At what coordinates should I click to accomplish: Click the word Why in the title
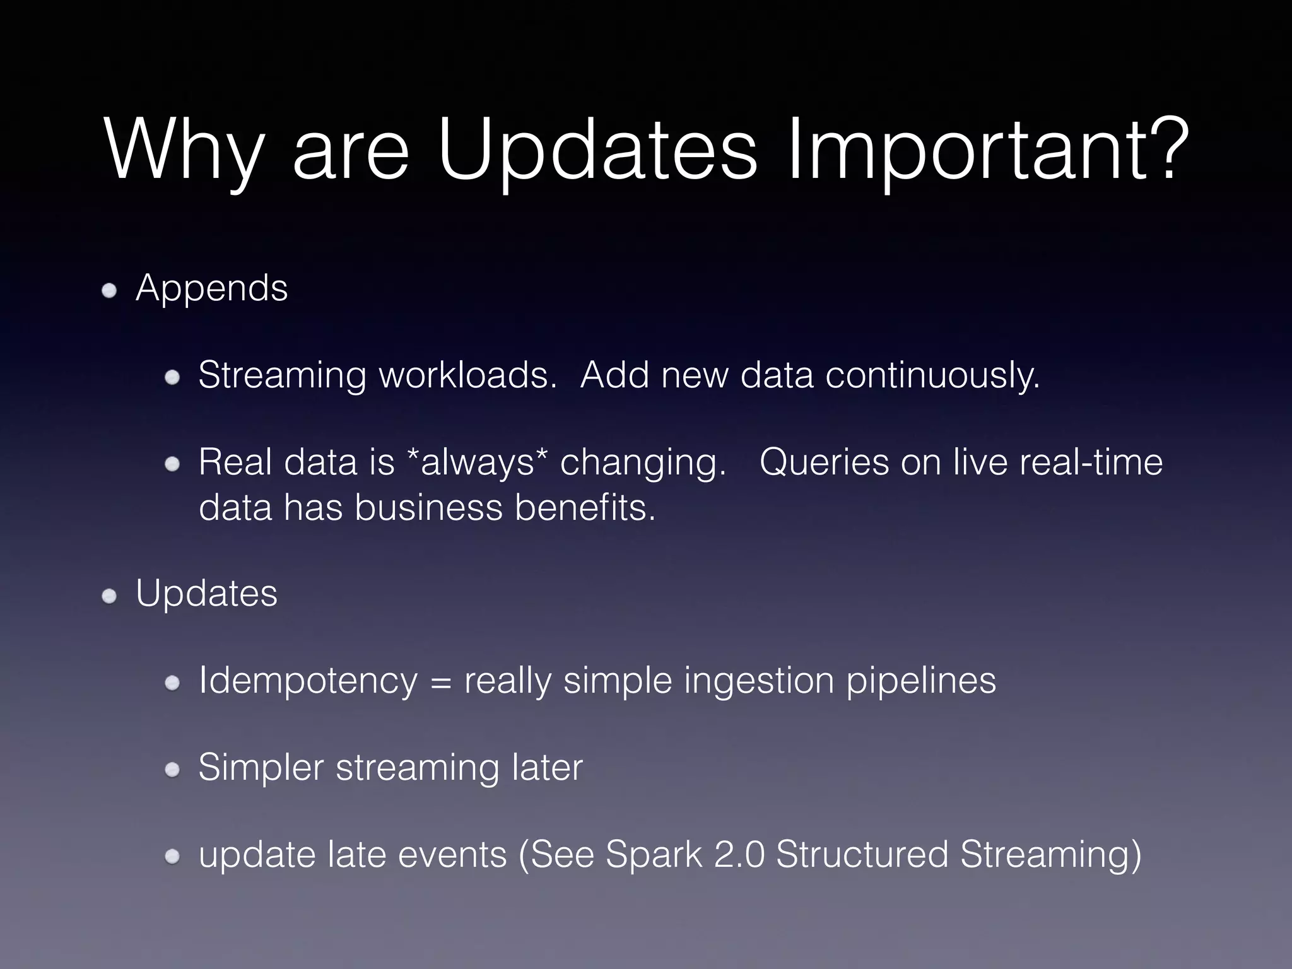coord(183,151)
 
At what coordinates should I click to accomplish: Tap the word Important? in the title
coord(987,151)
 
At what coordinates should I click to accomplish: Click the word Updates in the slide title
coord(596,151)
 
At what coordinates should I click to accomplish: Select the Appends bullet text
coord(211,289)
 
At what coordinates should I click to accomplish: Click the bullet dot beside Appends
coord(110,291)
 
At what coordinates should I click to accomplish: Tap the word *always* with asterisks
coord(478,462)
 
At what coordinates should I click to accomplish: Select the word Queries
coord(824,462)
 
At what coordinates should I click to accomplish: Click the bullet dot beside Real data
coord(172,465)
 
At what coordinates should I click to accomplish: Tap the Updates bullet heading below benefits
coord(206,594)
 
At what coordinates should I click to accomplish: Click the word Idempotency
coord(308,681)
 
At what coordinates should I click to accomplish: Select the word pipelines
coord(920,681)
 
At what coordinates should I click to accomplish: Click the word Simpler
coord(261,768)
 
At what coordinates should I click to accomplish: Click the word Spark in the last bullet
coord(654,855)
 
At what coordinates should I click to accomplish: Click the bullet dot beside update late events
coord(172,857)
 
